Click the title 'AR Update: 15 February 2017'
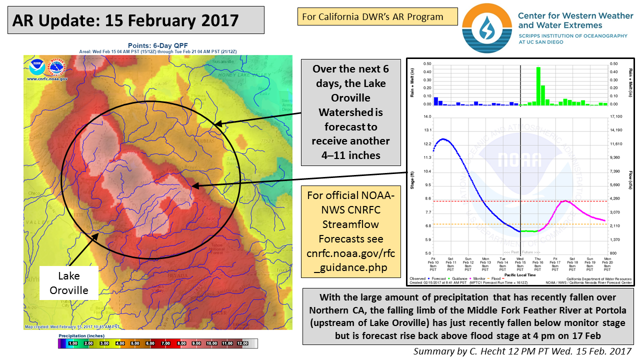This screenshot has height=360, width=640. pyautogui.click(x=125, y=20)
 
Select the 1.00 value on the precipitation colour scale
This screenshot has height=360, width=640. pyautogui.click(x=72, y=343)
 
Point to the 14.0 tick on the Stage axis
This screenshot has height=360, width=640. pyautogui.click(x=427, y=116)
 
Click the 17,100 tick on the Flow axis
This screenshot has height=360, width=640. pyautogui.click(x=616, y=116)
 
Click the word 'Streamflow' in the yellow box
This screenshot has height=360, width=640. pyautogui.click(x=350, y=223)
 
